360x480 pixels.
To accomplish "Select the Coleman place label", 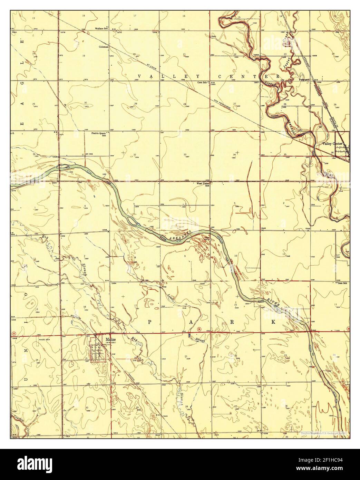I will pyautogui.click(x=104, y=46).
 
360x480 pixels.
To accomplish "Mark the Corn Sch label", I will pyautogui.click(x=202, y=83).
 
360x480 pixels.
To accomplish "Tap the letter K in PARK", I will pyautogui.click(x=273, y=322).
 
